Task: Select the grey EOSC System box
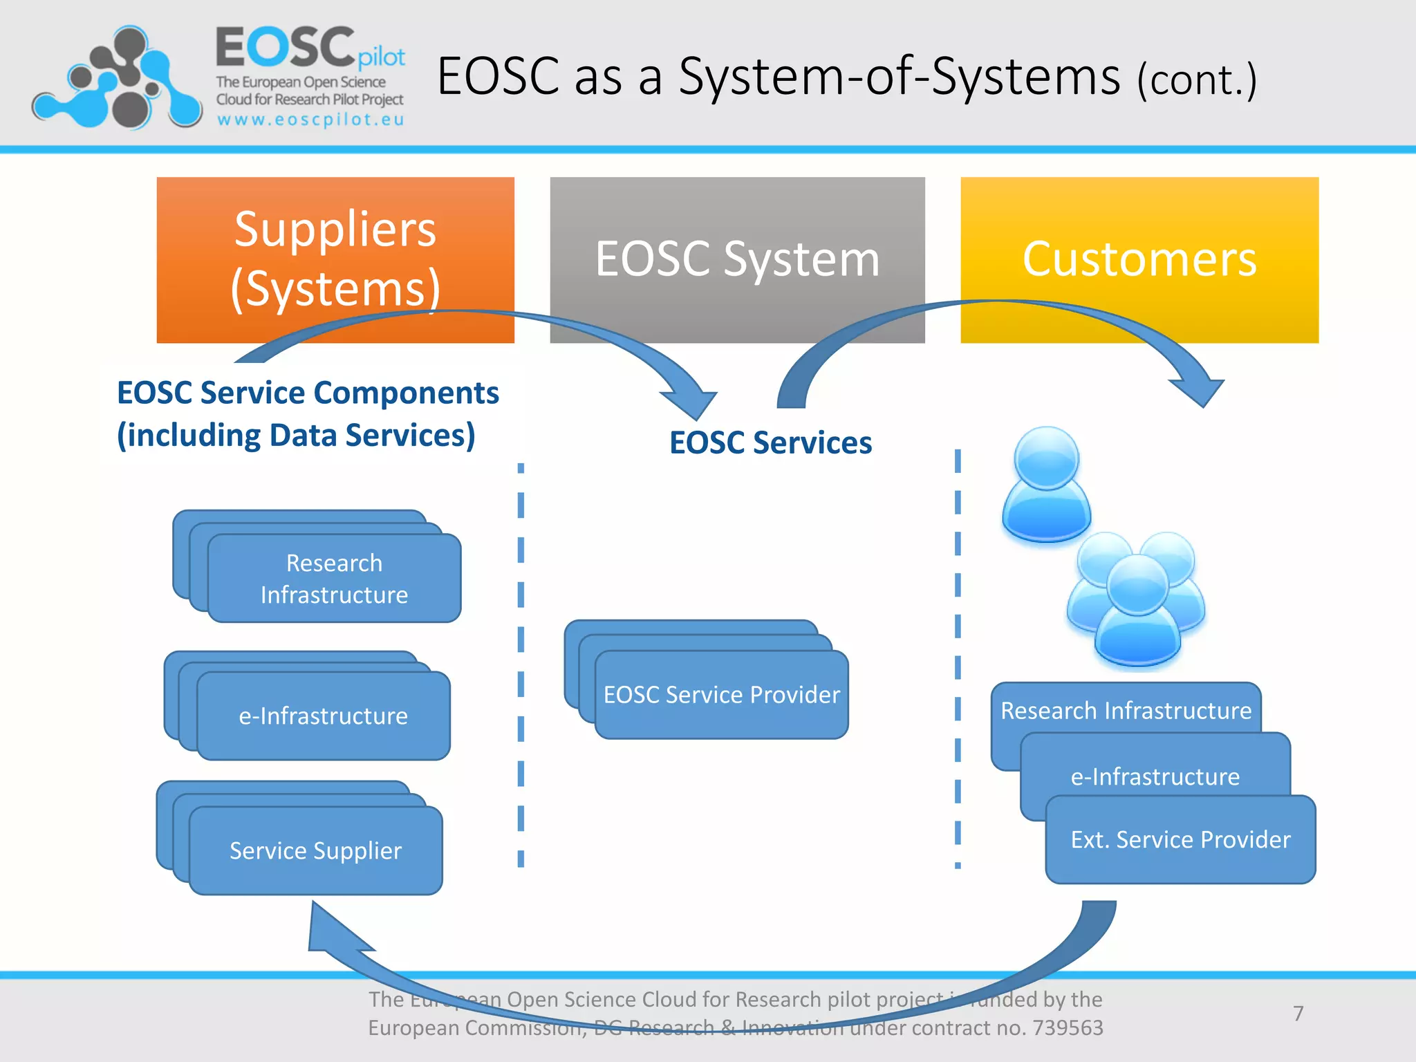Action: [x=737, y=259]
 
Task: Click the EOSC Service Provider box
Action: [x=721, y=695]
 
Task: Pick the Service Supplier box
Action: [x=315, y=850]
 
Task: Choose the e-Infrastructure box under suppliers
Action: [x=323, y=716]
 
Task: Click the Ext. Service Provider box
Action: [x=1180, y=839]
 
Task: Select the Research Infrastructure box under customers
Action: [x=1126, y=710]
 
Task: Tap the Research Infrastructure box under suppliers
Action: [x=334, y=579]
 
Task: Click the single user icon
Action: [x=1047, y=484]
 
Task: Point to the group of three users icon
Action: [x=1136, y=598]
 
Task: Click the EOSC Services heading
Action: [x=770, y=442]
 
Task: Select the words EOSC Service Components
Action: [x=308, y=393]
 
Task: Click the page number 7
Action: [x=1298, y=1013]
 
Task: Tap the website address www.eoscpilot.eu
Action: [x=310, y=120]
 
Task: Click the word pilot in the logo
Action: [x=381, y=57]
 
